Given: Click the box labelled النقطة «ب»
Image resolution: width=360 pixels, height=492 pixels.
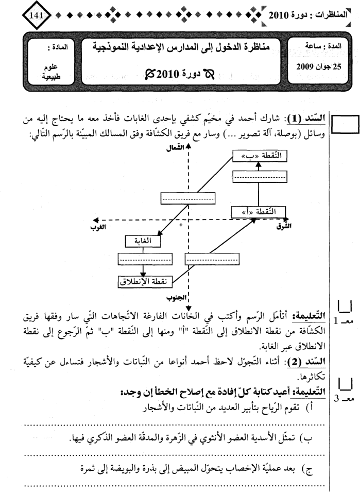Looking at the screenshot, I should pyautogui.click(x=260, y=155).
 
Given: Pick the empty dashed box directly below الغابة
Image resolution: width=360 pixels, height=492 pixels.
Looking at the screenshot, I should pyautogui.click(x=141, y=259).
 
